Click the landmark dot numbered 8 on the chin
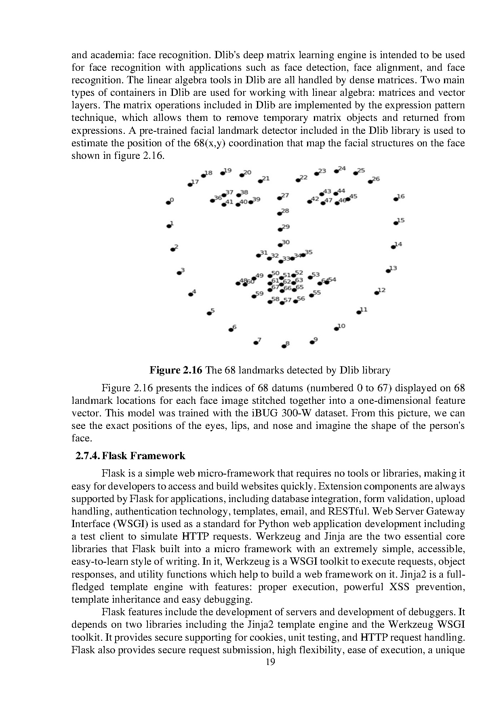click(284, 346)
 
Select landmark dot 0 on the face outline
click(168, 203)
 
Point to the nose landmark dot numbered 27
click(279, 198)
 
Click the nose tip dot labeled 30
click(280, 245)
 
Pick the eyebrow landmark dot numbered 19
click(223, 173)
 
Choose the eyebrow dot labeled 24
click(336, 171)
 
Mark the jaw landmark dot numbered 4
click(191, 294)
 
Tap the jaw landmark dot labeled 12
click(377, 293)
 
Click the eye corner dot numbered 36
click(213, 200)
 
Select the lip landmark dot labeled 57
click(282, 303)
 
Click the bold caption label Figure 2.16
click(176, 370)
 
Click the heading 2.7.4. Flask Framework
click(130, 456)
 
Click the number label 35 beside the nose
click(309, 252)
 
